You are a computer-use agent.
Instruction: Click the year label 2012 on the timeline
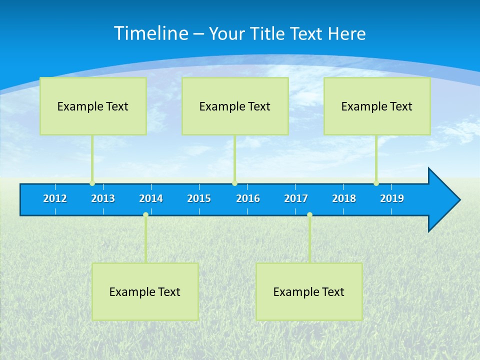55,198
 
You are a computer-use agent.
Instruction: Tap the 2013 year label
103,198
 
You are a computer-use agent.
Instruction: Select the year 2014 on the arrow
151,198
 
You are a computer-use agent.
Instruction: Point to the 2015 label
199,198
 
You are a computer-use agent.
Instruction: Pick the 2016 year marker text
248,198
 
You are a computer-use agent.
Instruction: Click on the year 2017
296,198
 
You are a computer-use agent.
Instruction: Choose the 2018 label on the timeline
344,198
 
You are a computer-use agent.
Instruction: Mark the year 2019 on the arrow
392,198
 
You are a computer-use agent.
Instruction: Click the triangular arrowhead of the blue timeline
443,200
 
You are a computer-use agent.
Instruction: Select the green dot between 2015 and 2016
234,183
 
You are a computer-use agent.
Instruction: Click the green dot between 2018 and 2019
376,183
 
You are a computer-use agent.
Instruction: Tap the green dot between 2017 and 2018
309,215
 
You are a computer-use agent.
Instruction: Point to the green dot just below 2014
145,215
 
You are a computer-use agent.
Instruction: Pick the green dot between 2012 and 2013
92,183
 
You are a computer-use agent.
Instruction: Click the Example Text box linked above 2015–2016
235,106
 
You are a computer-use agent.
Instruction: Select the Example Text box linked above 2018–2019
377,106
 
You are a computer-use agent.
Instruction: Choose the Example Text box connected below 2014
145,291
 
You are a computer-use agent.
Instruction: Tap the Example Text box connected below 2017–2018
309,291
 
